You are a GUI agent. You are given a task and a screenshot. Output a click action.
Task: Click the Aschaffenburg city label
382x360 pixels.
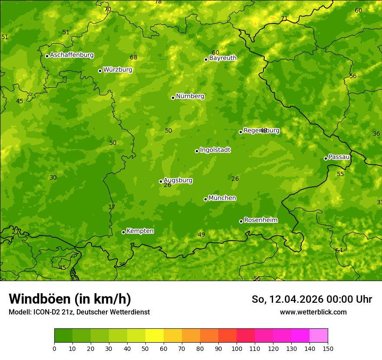coord(72,55)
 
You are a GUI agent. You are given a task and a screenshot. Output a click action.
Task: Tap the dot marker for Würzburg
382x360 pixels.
coord(100,71)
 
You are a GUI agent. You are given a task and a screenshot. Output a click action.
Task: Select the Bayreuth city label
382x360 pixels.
coord(223,58)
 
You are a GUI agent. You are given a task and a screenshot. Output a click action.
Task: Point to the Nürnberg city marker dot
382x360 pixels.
coord(173,98)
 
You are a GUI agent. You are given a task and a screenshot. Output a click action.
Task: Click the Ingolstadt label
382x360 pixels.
coord(215,150)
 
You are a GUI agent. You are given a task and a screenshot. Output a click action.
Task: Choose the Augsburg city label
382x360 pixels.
coord(178,180)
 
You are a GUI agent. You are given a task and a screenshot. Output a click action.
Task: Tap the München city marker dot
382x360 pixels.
coord(205,199)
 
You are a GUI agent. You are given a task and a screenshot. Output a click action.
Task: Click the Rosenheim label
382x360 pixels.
coord(260,220)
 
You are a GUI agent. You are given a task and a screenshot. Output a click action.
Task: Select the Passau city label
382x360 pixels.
coord(339,157)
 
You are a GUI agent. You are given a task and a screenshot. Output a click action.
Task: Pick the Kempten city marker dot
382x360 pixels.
coord(123,232)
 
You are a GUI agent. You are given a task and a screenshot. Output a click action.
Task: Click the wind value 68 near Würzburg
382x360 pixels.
coord(133,58)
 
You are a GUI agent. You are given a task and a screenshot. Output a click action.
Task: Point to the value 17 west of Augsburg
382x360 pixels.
coord(112,207)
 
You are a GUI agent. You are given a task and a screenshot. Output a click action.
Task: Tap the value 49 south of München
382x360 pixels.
coord(201,235)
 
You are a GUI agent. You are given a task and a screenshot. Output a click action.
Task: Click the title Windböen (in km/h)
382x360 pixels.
coord(70,299)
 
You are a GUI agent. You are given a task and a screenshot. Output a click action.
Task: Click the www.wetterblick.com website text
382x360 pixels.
coord(313,312)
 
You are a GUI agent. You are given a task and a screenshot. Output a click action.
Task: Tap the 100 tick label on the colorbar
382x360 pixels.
coord(237,348)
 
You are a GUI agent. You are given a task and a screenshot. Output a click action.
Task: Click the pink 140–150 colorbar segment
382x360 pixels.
coord(319,336)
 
